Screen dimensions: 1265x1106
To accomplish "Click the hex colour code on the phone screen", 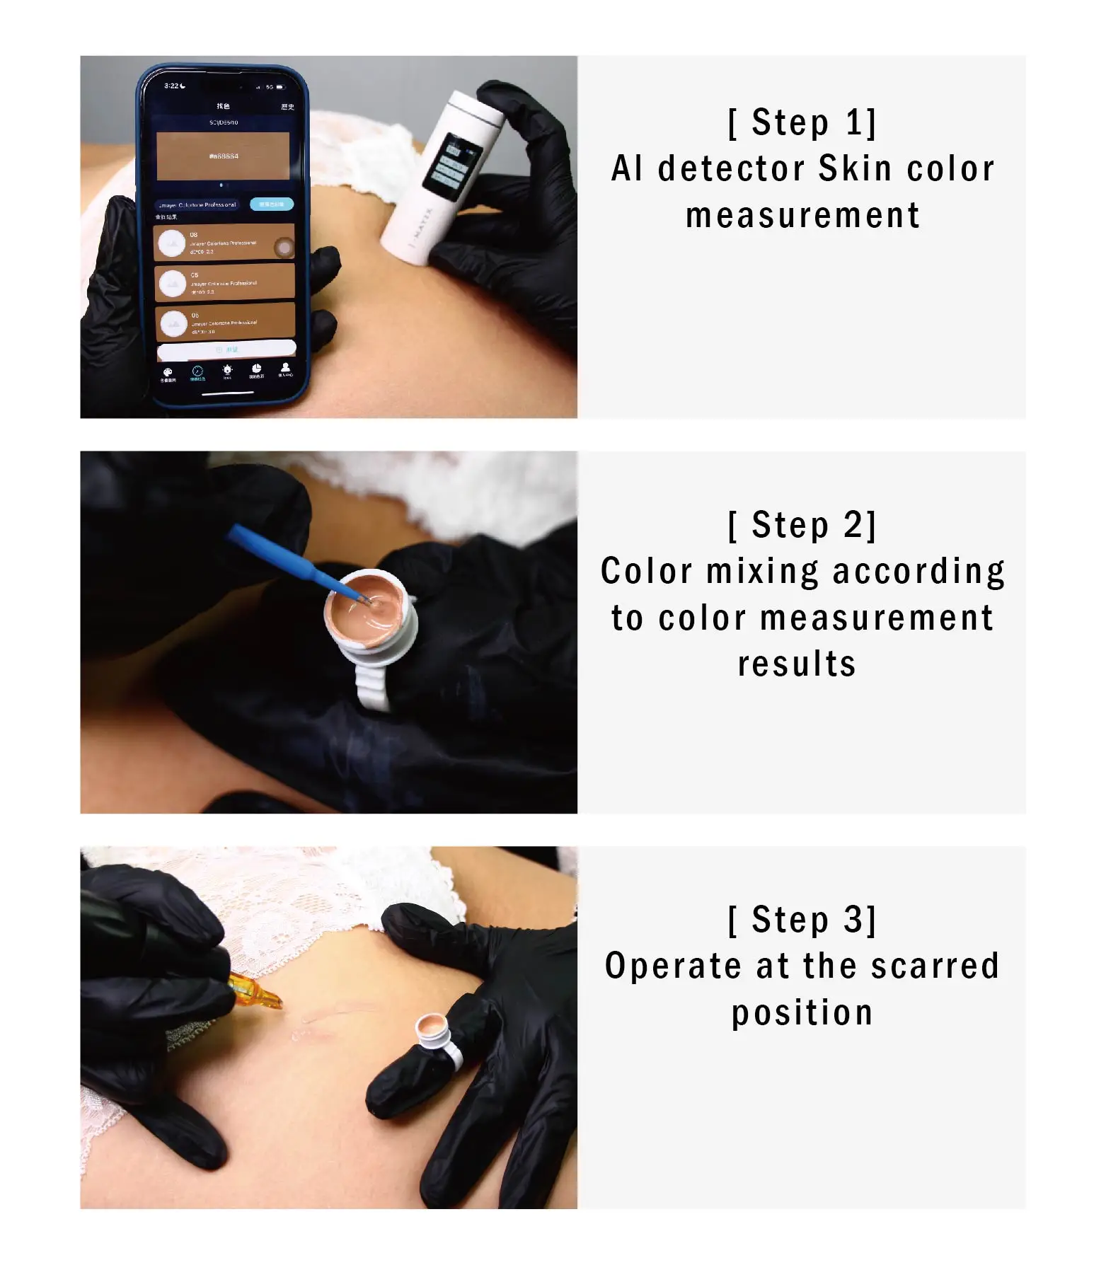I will (x=224, y=156).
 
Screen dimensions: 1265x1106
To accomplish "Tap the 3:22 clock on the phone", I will (x=171, y=86).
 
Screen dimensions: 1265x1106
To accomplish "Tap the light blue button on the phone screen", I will (x=271, y=204).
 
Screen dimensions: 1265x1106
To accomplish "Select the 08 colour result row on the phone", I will (x=224, y=243).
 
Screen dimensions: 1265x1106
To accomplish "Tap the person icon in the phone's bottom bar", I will (x=285, y=369).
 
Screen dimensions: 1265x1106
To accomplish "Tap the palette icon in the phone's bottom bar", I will (x=168, y=374).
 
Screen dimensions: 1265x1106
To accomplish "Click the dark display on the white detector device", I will (x=451, y=165).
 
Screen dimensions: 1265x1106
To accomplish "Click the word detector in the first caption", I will (x=732, y=169).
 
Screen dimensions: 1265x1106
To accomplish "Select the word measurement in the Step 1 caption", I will (x=802, y=215).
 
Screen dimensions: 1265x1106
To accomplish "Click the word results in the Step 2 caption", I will (x=797, y=664).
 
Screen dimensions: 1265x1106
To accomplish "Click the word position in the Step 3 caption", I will (x=802, y=1012).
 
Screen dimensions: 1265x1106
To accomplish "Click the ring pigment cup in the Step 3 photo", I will (x=433, y=1028).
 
